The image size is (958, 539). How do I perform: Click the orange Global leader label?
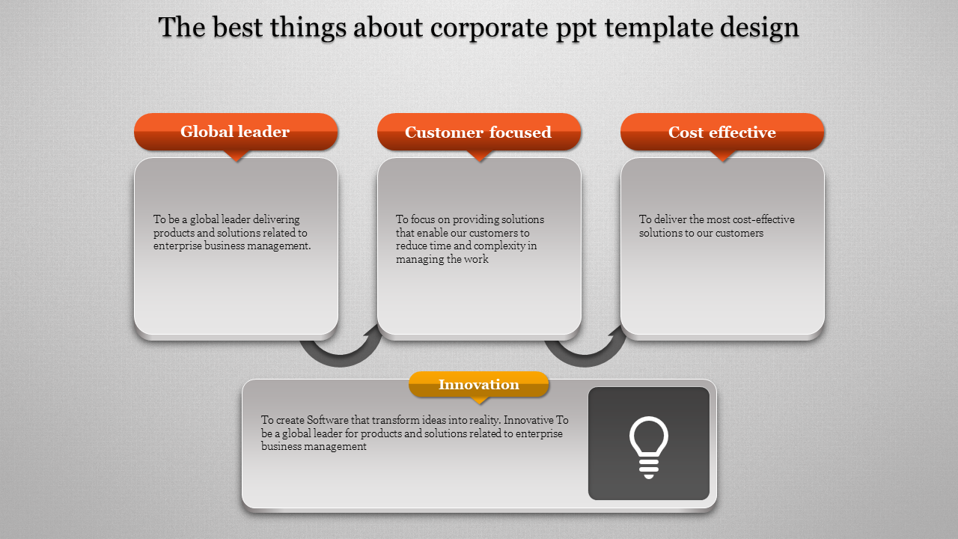click(x=236, y=132)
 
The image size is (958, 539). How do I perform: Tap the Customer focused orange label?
click(x=479, y=132)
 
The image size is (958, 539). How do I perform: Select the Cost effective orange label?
click(x=722, y=132)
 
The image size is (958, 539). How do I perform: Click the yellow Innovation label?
click(x=478, y=384)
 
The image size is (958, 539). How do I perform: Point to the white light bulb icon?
click(x=649, y=447)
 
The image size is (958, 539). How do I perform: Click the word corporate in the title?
click(x=489, y=28)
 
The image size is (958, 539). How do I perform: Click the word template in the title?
click(x=659, y=28)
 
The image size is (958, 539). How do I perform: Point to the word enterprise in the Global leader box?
click(x=177, y=246)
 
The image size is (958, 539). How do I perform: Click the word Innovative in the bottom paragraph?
click(x=528, y=420)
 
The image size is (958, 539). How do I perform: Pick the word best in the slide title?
click(x=237, y=28)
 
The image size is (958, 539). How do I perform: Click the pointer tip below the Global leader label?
click(x=236, y=161)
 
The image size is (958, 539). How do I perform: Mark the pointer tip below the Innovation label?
click(x=479, y=404)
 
